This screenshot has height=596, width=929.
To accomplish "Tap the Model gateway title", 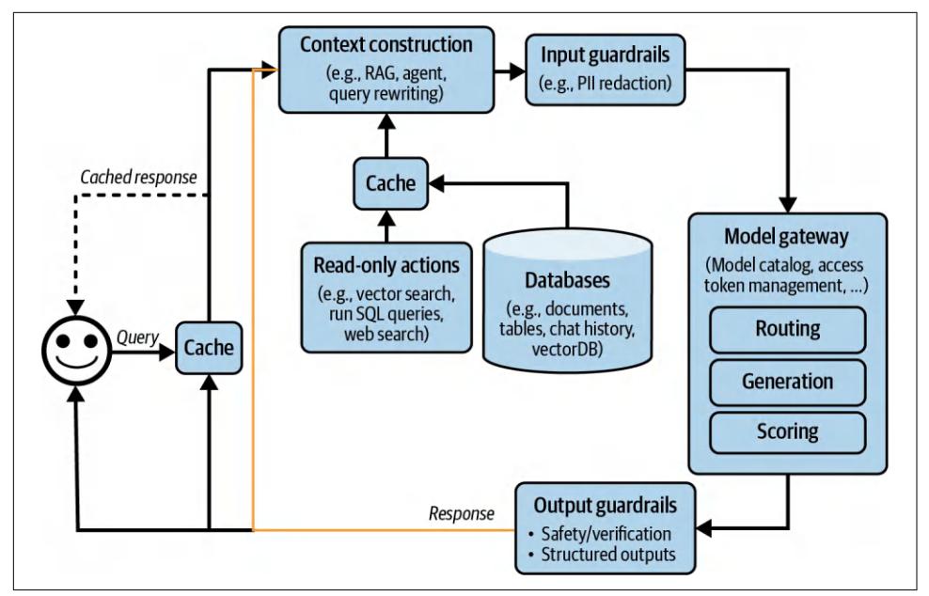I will pos(787,235).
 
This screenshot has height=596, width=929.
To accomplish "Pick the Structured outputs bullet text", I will pos(608,555).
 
